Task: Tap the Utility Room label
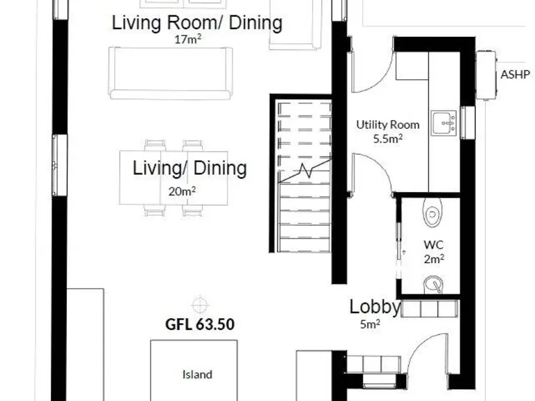388,125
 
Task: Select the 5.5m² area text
388,138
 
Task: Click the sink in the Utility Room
444,123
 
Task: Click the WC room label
433,245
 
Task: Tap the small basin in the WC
434,283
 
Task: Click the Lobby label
375,307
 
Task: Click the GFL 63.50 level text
199,324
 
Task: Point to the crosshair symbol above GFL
200,304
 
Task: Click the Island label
197,375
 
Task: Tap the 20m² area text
182,190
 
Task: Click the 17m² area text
188,40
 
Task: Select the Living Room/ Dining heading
197,23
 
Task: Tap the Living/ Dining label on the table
189,168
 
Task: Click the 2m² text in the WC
433,258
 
